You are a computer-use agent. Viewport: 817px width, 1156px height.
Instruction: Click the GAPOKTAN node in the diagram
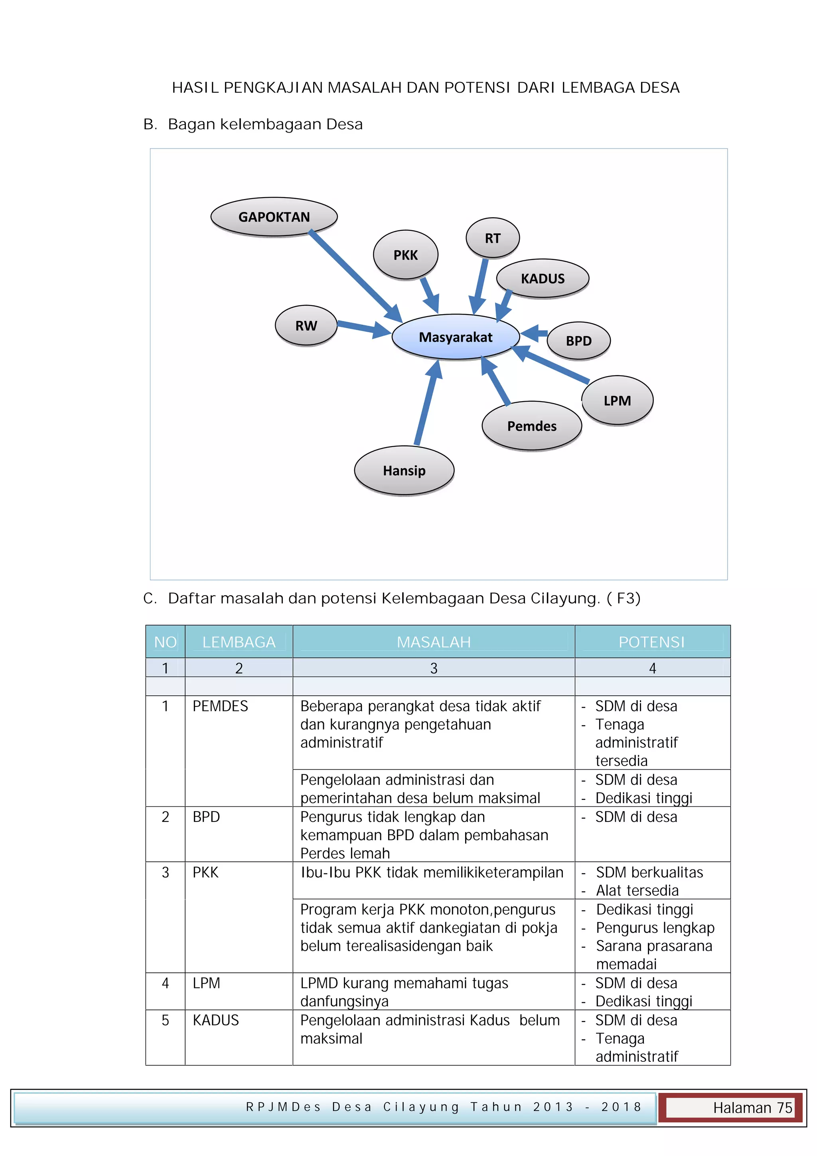(x=274, y=217)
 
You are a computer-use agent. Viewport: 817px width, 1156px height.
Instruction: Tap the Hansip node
(x=404, y=470)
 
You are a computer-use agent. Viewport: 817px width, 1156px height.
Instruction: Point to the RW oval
(x=306, y=326)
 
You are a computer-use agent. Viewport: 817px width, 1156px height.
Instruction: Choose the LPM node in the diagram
(x=617, y=400)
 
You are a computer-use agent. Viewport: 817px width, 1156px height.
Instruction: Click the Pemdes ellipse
(x=532, y=426)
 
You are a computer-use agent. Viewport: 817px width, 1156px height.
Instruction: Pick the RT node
(x=493, y=238)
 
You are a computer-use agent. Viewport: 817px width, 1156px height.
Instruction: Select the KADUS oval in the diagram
(x=542, y=279)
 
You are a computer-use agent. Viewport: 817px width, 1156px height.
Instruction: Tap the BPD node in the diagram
(x=578, y=341)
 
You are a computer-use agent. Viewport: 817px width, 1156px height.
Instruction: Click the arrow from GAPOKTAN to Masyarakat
(x=355, y=276)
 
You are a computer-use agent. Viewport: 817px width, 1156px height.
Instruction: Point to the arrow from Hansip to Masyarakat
(x=428, y=403)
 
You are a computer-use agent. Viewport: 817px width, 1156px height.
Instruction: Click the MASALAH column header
(x=434, y=642)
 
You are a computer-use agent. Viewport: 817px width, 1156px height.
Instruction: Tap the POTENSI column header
(x=651, y=642)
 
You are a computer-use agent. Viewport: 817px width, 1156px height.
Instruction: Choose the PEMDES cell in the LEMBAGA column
(x=220, y=706)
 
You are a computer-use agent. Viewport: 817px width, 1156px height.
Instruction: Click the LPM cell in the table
(x=206, y=983)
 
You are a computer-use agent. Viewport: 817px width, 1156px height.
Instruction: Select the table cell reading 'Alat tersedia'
(x=637, y=890)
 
